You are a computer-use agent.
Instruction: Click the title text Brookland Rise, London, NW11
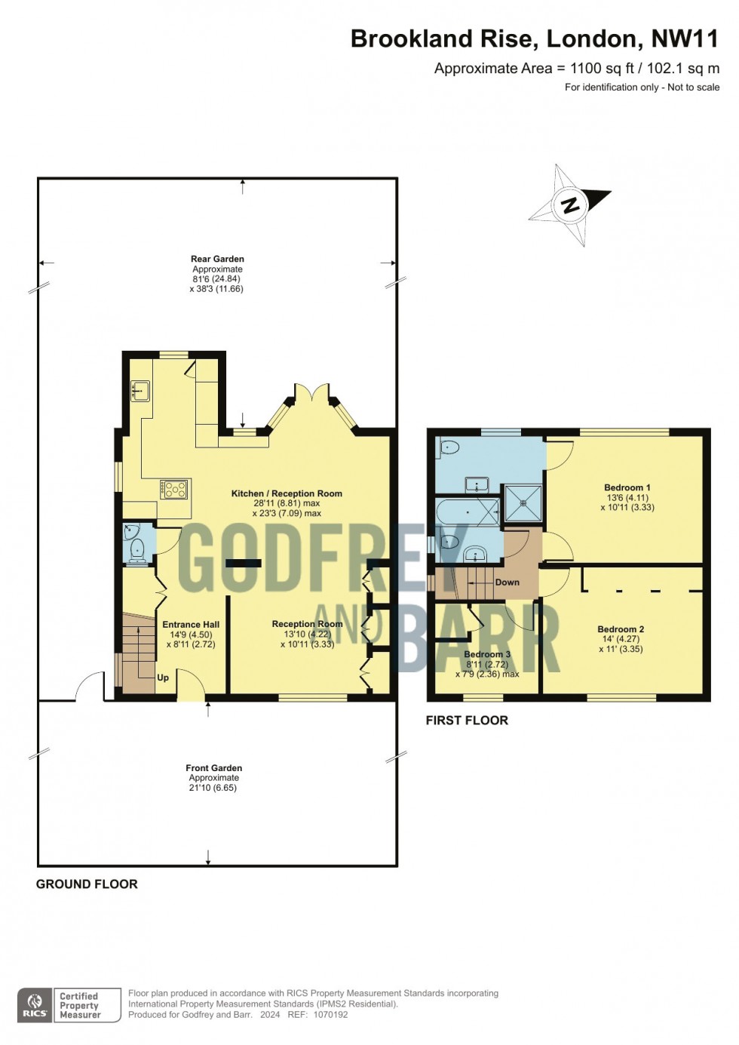535,39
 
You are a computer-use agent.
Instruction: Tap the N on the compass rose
570,204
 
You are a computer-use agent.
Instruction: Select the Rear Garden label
217,259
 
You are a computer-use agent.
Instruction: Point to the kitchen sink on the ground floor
140,391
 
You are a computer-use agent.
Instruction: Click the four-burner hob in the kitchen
174,490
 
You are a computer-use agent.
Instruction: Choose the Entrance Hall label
191,624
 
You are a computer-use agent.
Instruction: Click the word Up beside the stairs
163,678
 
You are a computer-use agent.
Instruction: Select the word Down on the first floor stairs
507,582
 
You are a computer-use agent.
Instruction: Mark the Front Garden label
214,768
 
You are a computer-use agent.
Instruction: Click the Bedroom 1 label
627,487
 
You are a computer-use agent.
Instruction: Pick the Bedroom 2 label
621,629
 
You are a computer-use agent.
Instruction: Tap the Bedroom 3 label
487,654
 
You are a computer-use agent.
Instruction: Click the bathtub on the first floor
468,512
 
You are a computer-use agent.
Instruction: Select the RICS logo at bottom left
35,1005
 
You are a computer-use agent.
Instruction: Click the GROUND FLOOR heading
87,884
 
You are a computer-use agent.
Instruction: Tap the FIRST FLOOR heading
467,721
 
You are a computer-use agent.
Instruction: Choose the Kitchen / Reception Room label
287,493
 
